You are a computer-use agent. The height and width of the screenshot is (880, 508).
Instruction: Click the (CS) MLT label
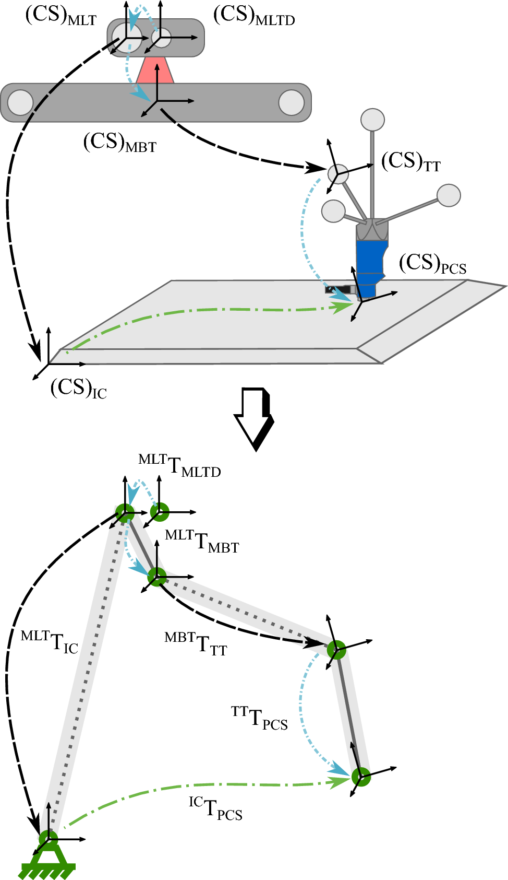tap(61, 16)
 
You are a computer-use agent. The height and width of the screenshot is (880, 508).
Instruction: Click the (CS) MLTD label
tap(254, 16)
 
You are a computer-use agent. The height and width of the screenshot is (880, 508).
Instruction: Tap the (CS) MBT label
tap(119, 143)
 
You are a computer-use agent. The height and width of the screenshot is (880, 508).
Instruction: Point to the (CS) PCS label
tap(432, 264)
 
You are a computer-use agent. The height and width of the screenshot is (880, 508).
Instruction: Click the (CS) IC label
tap(79, 389)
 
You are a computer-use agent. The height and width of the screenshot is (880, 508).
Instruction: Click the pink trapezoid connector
tap(155, 71)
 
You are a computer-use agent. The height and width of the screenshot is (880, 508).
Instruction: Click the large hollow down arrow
tap(255, 418)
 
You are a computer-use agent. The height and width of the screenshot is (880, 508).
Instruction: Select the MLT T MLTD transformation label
tap(179, 465)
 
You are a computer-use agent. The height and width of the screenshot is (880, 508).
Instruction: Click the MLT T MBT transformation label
tap(202, 541)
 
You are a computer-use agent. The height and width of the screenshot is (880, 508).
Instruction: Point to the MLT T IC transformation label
tap(50, 642)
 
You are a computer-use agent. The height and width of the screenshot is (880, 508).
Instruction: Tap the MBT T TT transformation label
tap(196, 644)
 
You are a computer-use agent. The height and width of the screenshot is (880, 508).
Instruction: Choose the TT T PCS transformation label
tap(259, 718)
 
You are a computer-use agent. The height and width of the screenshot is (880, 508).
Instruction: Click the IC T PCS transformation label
tap(215, 808)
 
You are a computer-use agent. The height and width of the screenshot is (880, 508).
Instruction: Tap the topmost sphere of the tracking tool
tap(373, 120)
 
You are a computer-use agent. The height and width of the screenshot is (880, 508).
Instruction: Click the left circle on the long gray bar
tap(20, 102)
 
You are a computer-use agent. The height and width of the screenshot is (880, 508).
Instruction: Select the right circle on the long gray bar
tap(291, 102)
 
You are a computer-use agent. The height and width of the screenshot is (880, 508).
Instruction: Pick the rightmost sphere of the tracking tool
tap(449, 195)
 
